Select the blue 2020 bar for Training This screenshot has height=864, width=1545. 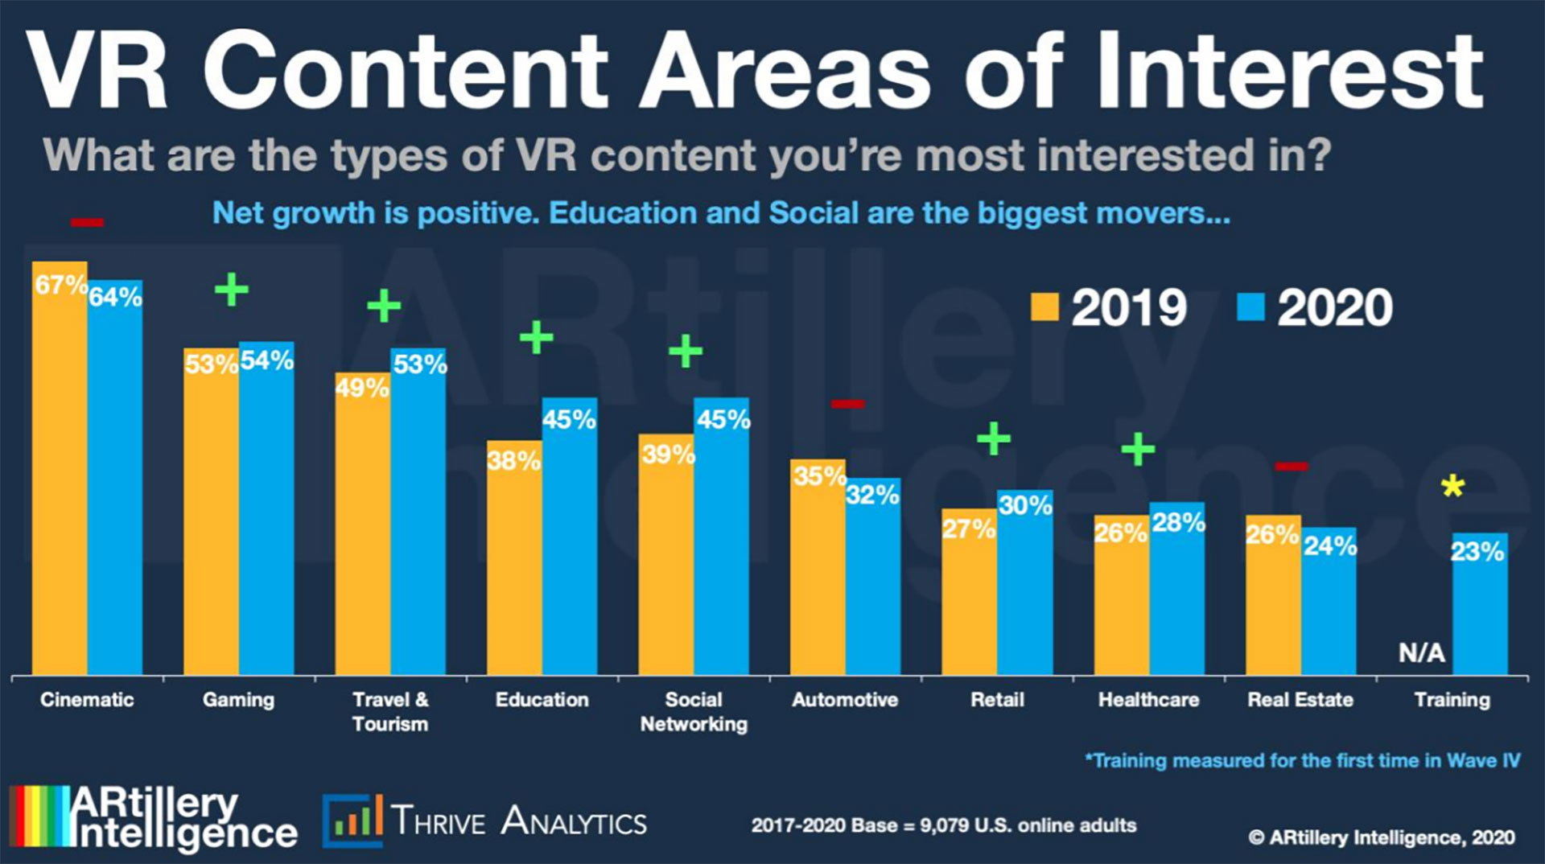pyautogui.click(x=1479, y=611)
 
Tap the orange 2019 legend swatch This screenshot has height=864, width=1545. pyautogui.click(x=1044, y=307)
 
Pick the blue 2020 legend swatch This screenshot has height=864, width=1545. pyautogui.click(x=1250, y=307)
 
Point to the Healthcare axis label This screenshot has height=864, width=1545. pyautogui.click(x=1148, y=700)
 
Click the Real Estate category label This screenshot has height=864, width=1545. pyautogui.click(x=1300, y=700)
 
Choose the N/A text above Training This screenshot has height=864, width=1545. pyautogui.click(x=1421, y=652)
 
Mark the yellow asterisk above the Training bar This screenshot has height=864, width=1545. pyautogui.click(x=1452, y=486)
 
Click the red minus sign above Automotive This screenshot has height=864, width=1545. pyautogui.click(x=847, y=404)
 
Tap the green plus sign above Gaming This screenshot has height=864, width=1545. pyautogui.click(x=232, y=290)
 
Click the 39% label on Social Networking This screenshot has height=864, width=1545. pyautogui.click(x=668, y=455)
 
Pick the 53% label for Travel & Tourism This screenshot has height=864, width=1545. pyautogui.click(x=419, y=364)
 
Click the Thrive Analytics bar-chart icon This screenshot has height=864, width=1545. pyautogui.click(x=352, y=821)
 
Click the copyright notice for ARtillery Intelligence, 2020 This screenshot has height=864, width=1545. pyautogui.click(x=1381, y=837)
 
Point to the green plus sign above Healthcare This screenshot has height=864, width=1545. pyautogui.click(x=1138, y=449)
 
